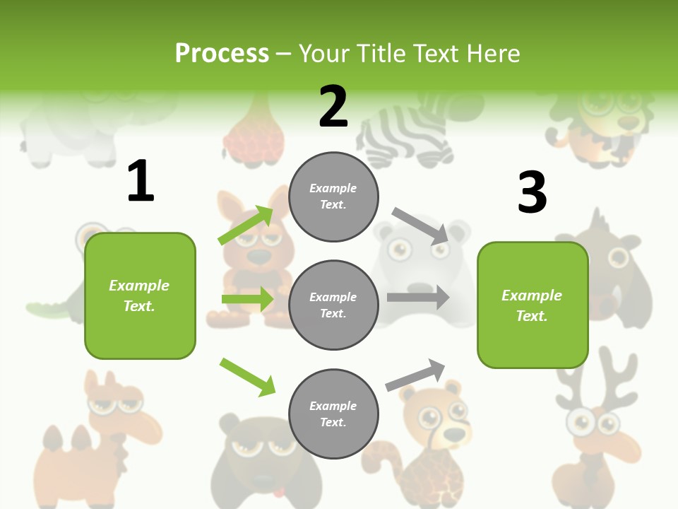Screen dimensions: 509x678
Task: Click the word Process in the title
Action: [x=222, y=54]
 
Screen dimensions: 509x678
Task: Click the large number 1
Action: [x=141, y=182]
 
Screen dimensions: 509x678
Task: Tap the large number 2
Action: [x=333, y=107]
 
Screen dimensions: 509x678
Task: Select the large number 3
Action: [x=532, y=193]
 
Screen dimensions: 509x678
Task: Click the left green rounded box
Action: [x=140, y=296]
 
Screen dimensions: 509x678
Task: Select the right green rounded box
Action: [x=533, y=305]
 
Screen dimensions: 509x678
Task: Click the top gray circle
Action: [x=333, y=197]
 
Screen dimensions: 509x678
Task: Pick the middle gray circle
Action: [x=333, y=305]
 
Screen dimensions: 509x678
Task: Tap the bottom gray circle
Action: [x=333, y=414]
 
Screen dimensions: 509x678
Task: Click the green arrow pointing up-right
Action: [x=246, y=226]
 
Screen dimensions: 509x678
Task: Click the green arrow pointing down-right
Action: [x=247, y=377]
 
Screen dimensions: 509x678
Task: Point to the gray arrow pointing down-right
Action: [x=421, y=226]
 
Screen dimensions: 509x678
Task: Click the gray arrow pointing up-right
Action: [x=415, y=375]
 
